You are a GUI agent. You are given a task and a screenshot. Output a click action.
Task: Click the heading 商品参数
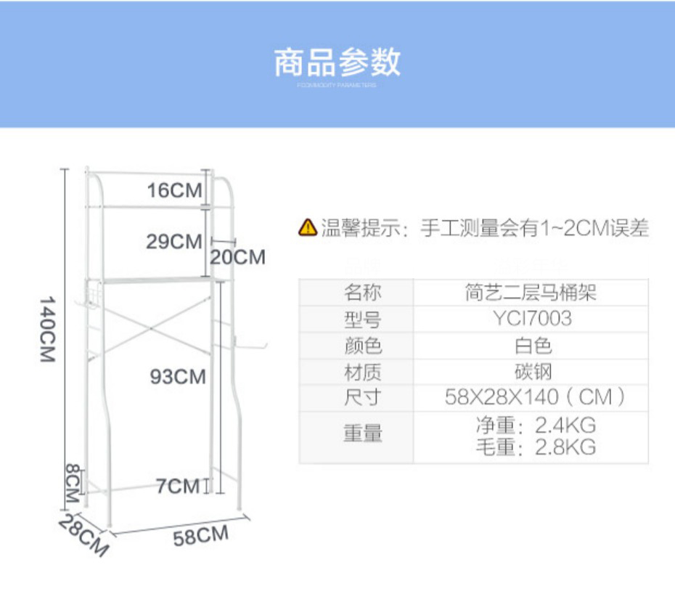pos(337,63)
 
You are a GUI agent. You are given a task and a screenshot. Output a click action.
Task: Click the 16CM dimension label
pos(174,191)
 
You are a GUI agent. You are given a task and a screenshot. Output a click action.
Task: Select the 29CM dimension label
pos(173,242)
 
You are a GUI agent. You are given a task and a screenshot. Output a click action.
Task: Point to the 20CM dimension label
pos(237,257)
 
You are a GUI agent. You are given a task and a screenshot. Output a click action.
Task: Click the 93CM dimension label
pos(178,377)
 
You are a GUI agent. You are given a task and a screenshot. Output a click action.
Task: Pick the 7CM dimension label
pos(177,486)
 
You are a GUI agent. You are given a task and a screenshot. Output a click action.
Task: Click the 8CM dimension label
pos(72,484)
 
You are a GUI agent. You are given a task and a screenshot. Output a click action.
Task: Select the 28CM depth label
pos(83,535)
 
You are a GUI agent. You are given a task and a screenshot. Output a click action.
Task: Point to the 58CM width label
pos(200,537)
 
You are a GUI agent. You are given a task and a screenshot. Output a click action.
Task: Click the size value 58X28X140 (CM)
pos(535,398)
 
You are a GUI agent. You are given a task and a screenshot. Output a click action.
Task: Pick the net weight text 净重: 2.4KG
pos(536,425)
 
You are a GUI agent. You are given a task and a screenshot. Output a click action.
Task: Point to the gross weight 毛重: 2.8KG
pos(536,447)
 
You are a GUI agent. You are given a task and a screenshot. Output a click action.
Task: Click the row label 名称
pos(362,293)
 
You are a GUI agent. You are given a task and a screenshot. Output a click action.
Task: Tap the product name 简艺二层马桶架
pos(531,293)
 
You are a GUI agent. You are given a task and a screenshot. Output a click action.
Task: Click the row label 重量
pos(362,435)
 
